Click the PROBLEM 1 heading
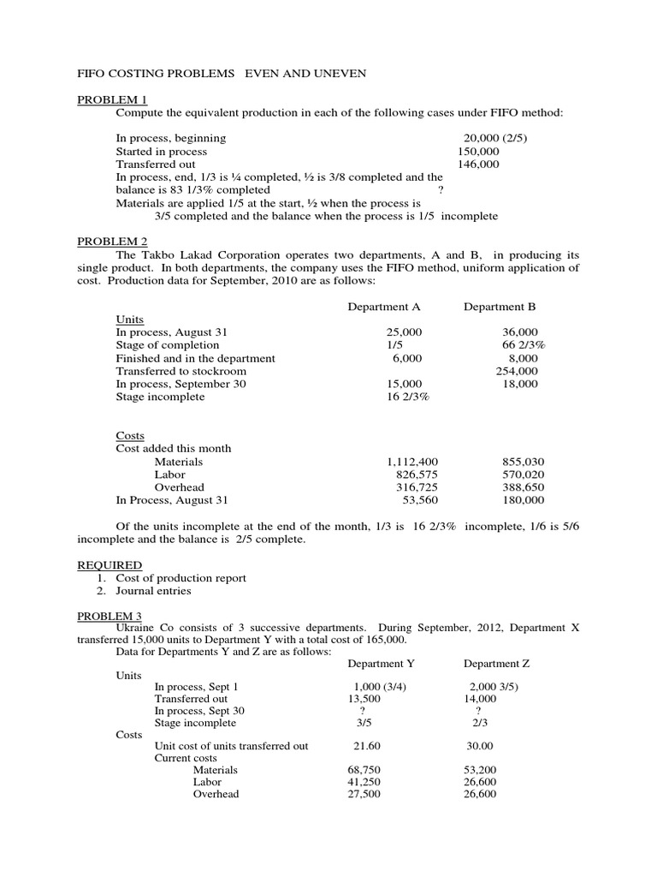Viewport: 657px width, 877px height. [112, 100]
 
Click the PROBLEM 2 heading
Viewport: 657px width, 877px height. [112, 242]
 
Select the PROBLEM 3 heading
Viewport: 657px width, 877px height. [112, 616]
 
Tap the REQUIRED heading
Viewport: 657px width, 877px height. [109, 565]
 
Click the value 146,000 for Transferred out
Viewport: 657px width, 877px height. [479, 164]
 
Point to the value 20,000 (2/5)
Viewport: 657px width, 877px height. [495, 138]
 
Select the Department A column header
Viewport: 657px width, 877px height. [384, 306]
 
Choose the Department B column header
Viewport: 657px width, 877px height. [500, 306]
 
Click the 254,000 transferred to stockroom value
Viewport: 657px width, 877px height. [517, 371]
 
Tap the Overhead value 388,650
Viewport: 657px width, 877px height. [522, 487]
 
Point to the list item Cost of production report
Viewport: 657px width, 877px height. [181, 578]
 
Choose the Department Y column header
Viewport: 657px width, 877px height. [384, 663]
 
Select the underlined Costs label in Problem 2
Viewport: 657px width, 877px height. [130, 436]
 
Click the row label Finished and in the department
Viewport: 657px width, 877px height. [195, 358]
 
